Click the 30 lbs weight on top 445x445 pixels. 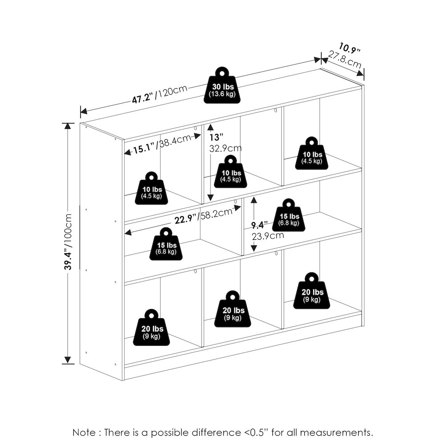[222, 85]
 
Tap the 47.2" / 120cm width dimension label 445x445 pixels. [160, 94]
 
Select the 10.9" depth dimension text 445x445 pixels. [349, 48]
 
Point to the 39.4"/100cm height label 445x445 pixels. [68, 242]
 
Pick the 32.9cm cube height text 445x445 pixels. [225, 148]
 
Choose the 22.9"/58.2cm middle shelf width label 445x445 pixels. [203, 216]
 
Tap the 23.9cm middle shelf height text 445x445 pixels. [267, 236]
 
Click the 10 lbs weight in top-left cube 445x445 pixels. [151, 188]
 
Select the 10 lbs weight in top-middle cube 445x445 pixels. [231, 172]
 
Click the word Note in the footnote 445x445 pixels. [84, 433]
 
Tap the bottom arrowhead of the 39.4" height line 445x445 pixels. [68, 360]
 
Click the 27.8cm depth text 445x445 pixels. [344, 59]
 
